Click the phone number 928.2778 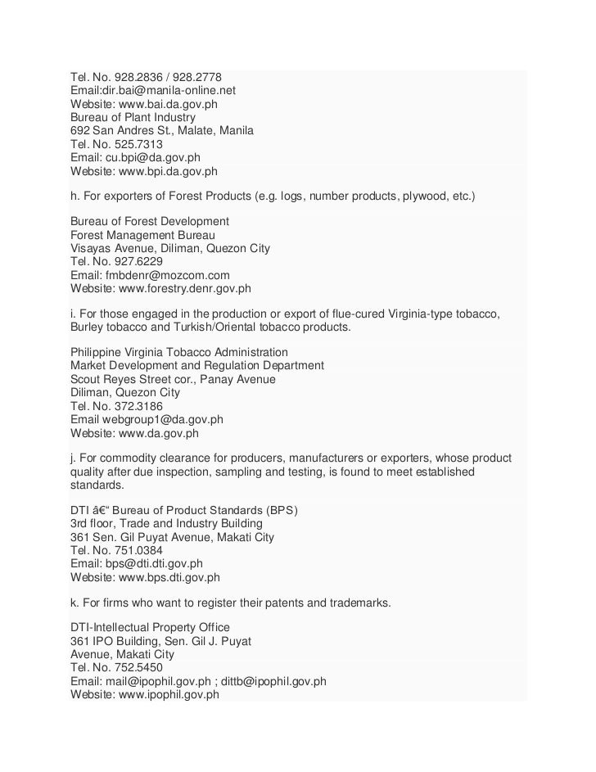pos(192,78)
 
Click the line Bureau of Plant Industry pos(133,117)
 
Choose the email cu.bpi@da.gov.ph pos(152,156)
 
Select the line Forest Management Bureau pos(142,235)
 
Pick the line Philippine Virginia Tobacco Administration pos(179,353)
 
